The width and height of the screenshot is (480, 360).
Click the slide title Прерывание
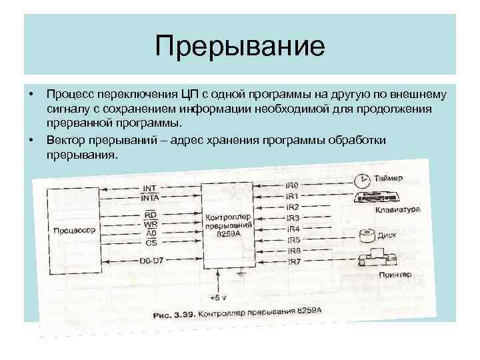[239, 47]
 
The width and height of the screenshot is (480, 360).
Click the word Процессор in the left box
[74, 229]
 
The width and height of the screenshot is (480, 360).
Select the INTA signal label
[149, 198]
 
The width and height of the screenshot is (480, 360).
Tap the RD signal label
[150, 215]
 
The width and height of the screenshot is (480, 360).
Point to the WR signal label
[150, 225]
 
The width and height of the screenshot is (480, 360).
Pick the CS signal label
[150, 243]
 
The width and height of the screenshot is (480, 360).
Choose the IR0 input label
[291, 185]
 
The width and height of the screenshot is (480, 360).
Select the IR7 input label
[293, 261]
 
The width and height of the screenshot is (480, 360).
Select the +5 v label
[217, 297]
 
